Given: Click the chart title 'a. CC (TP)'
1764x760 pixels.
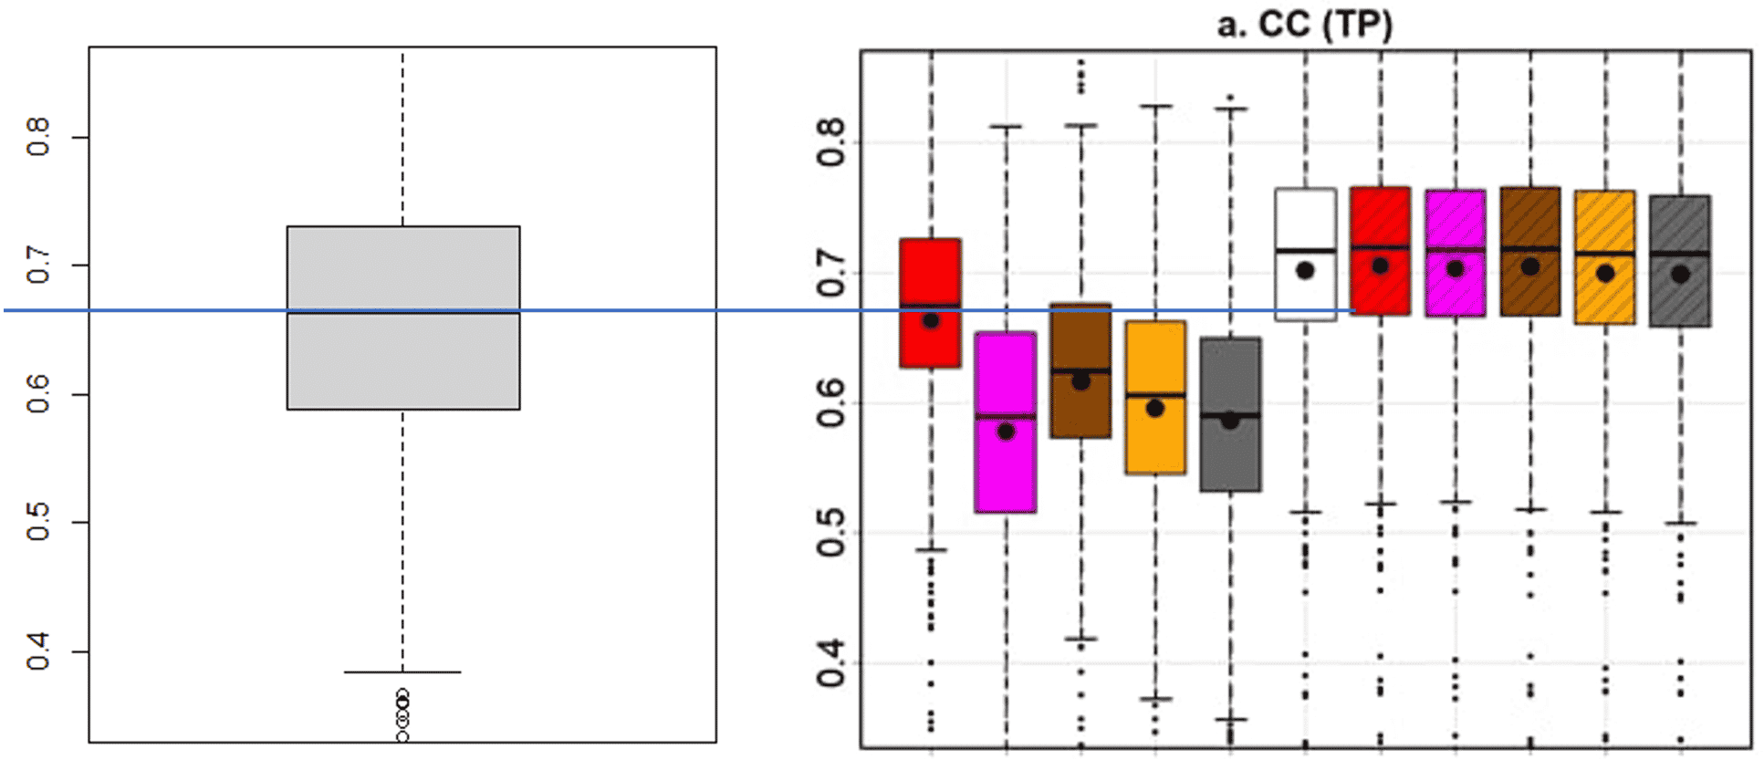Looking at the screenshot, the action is click(1304, 23).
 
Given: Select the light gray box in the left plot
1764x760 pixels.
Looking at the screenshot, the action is click(403, 318).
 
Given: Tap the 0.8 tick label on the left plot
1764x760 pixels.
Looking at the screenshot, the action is click(37, 137).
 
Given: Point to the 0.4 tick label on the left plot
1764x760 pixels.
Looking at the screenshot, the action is click(37, 652).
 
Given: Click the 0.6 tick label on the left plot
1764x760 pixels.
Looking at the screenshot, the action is click(37, 394).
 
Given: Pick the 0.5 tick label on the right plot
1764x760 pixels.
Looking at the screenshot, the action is click(830, 533).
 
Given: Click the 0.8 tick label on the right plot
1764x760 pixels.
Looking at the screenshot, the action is click(830, 142).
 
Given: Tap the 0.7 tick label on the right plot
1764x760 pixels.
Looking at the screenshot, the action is click(830, 273).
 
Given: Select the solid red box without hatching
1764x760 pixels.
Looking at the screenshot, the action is click(930, 303).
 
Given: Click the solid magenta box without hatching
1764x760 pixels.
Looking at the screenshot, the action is click(1005, 422).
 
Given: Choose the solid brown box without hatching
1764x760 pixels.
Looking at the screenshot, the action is click(1080, 370).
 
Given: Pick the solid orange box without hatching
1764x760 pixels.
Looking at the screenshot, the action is click(1155, 397).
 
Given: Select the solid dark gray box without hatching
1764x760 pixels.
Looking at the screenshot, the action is click(1230, 414).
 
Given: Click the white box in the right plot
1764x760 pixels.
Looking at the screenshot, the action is click(1305, 255).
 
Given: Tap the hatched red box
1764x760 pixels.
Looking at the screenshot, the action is click(1380, 251).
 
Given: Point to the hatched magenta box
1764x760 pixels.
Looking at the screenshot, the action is click(1455, 253).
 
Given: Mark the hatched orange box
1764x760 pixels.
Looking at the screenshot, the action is click(1604, 257).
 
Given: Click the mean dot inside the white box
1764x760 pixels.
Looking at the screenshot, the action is click(1305, 270).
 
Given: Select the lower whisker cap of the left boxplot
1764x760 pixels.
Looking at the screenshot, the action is click(402, 672).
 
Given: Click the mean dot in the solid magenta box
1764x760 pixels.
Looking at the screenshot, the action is click(1006, 432).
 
